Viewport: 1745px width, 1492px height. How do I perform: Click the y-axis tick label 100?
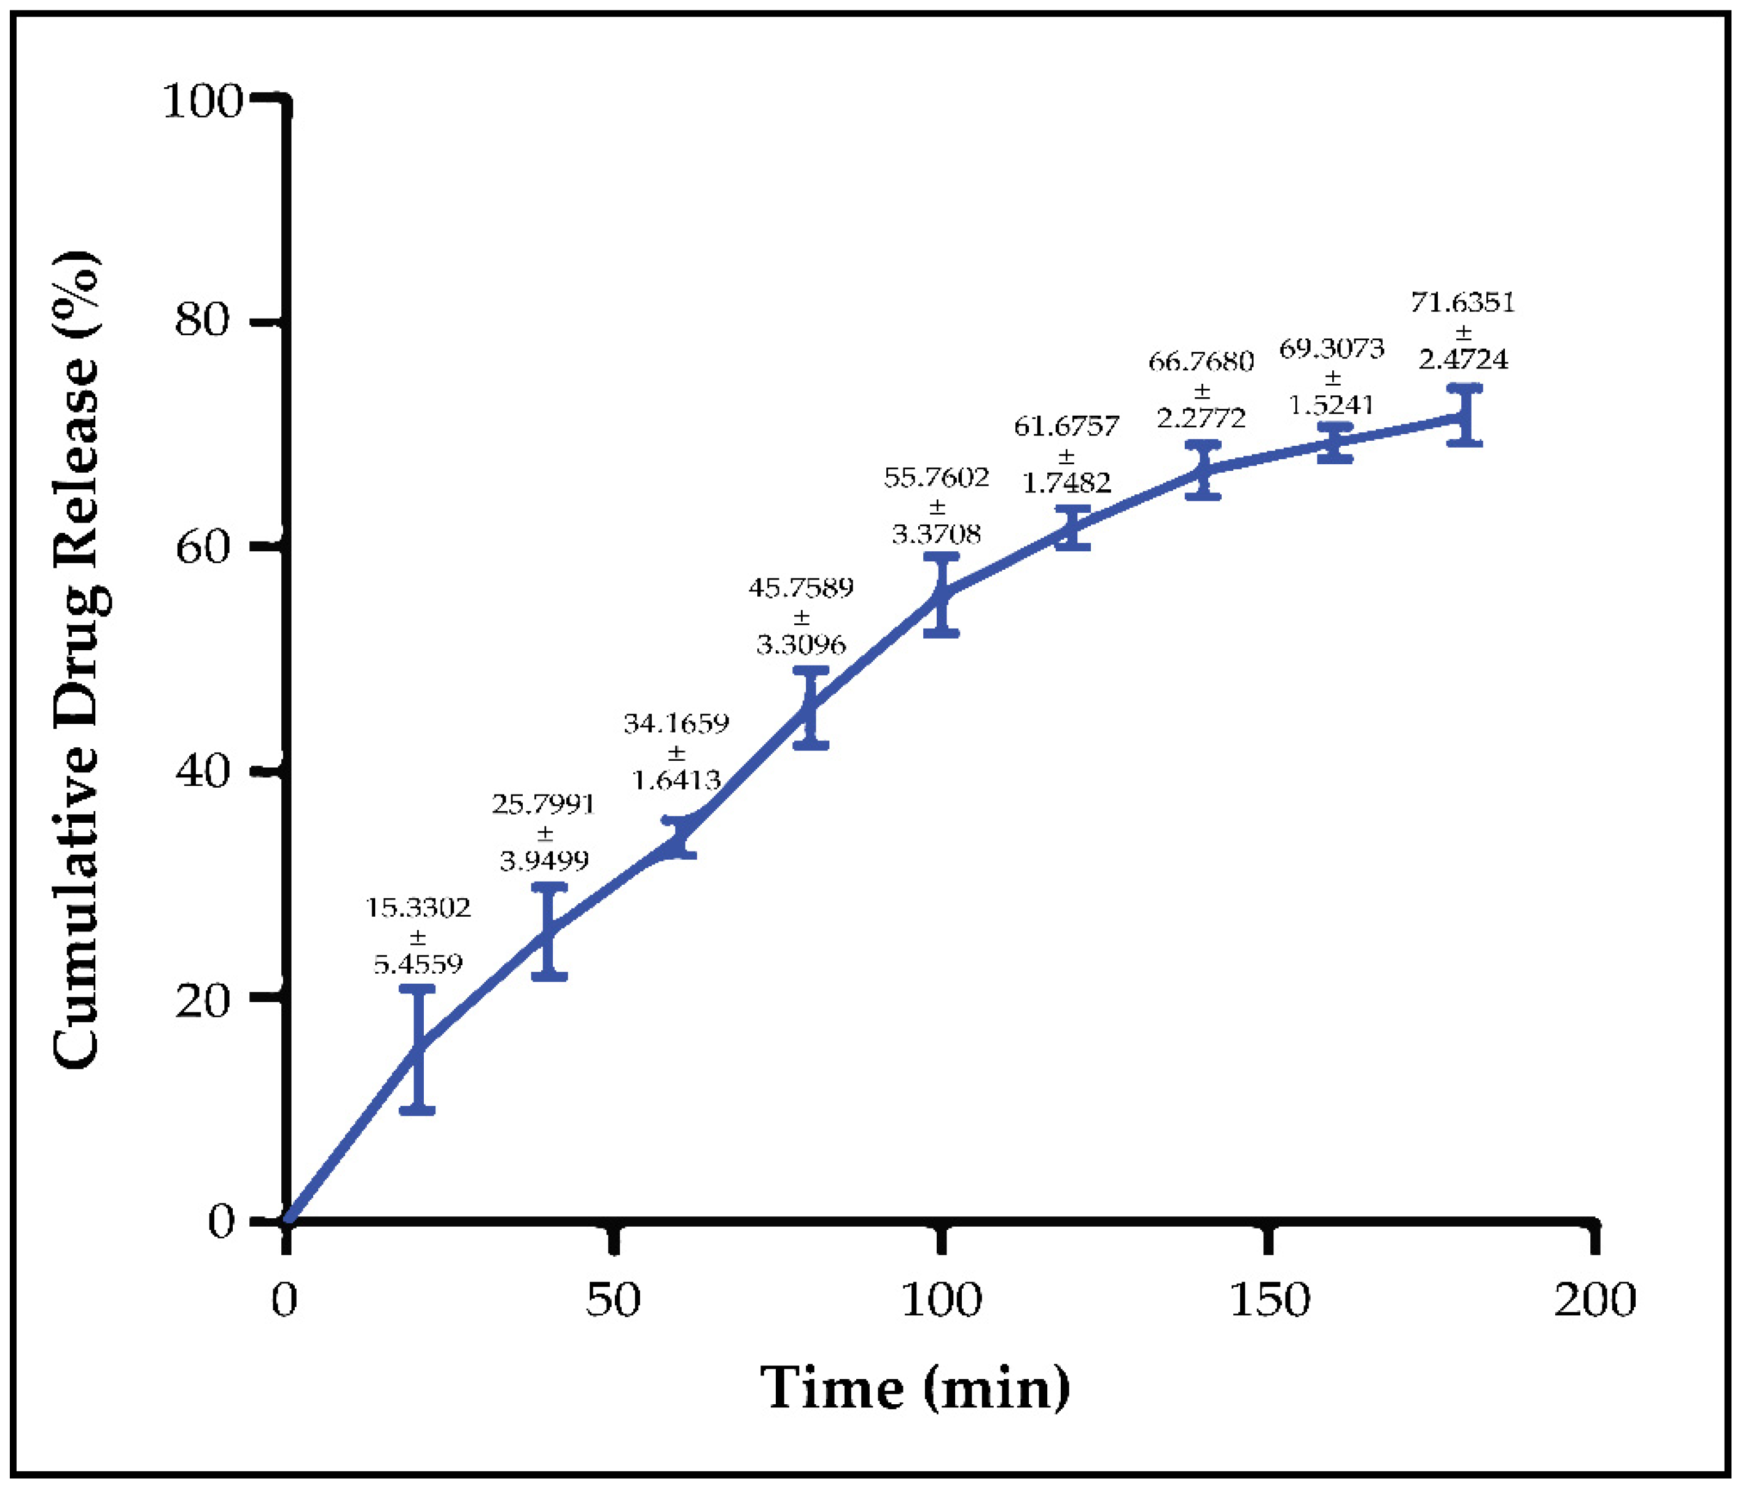pos(201,101)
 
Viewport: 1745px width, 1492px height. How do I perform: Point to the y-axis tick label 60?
pos(201,547)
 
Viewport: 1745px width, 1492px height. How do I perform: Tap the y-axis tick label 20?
pos(201,1000)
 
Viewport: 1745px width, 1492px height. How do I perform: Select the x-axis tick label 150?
pos(1269,1300)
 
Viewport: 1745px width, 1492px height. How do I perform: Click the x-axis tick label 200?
pos(1595,1300)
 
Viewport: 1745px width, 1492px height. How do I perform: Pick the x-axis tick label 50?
pos(613,1300)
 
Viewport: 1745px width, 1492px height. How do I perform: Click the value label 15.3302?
pos(418,907)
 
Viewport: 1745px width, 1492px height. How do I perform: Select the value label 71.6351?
pos(1463,302)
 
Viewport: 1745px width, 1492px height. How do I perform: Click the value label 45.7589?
pos(801,587)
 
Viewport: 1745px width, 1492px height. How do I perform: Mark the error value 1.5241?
pos(1332,405)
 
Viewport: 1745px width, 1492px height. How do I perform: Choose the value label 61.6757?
pos(1066,426)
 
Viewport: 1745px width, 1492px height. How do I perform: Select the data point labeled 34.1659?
pos(679,837)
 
